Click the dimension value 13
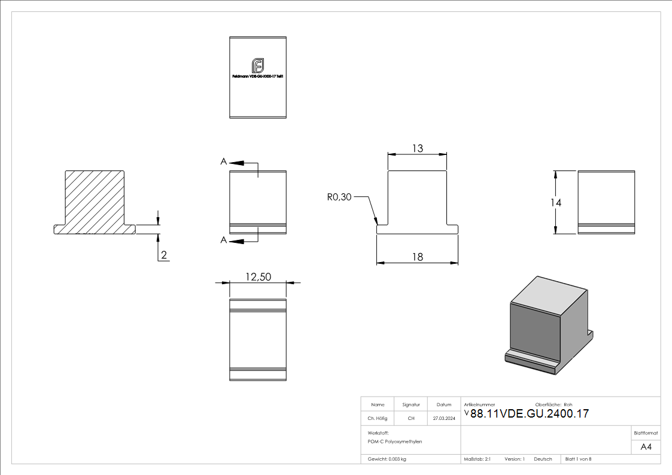click(x=417, y=148)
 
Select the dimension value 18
click(x=417, y=257)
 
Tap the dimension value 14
click(x=556, y=203)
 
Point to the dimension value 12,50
click(x=258, y=276)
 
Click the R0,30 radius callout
click(x=339, y=197)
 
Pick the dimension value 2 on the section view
click(x=164, y=255)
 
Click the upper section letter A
click(x=224, y=162)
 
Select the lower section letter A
click(x=224, y=240)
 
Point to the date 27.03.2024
click(x=444, y=419)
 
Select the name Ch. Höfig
click(x=377, y=419)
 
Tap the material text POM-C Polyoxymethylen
click(x=395, y=441)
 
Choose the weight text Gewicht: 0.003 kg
click(x=387, y=459)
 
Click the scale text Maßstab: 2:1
click(x=477, y=459)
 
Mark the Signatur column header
click(x=411, y=404)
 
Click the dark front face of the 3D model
click(x=534, y=331)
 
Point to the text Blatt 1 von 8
click(x=578, y=459)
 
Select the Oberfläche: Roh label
click(x=554, y=404)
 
